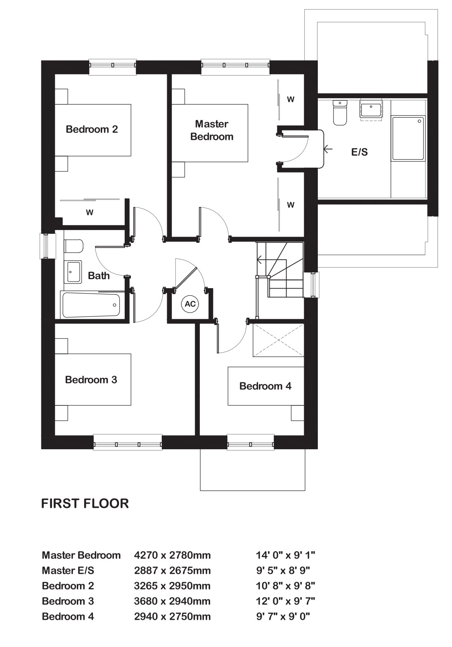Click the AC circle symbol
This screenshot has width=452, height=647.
190,304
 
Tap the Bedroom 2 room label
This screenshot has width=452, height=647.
92,129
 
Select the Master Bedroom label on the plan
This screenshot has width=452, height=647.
212,130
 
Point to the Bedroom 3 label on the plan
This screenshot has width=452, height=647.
91,379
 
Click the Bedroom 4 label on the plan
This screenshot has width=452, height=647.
265,386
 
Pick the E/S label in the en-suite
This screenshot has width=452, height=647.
360,152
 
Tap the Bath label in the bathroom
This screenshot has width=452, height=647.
99,275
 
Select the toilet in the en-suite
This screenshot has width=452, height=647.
340,113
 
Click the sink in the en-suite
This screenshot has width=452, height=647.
371,109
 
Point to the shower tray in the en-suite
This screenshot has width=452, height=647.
408,138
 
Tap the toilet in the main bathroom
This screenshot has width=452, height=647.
74,246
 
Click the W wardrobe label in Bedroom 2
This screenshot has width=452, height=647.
90,213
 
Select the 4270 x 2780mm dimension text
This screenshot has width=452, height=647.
173,555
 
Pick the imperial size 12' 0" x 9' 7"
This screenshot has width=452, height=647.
285,601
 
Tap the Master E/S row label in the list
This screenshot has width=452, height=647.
68,571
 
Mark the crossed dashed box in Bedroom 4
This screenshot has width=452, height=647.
278,340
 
